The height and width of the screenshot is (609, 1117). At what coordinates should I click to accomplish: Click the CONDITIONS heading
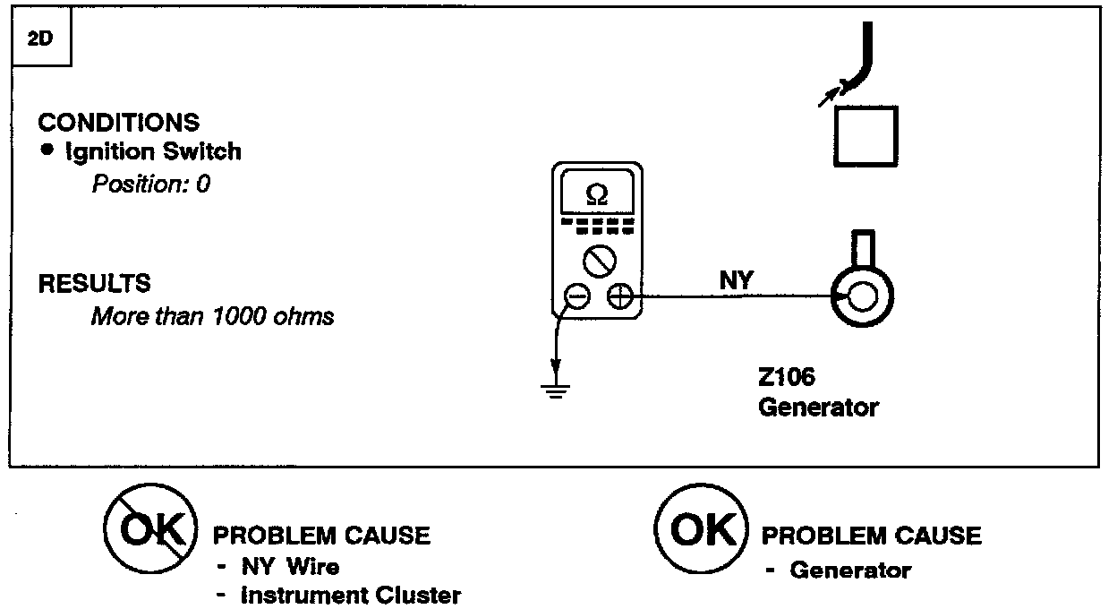[x=118, y=122]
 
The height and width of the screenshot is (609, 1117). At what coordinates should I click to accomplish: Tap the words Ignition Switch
[x=153, y=150]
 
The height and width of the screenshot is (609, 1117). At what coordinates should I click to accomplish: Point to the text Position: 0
[x=150, y=184]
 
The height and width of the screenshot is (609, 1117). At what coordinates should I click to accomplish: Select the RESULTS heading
[x=94, y=284]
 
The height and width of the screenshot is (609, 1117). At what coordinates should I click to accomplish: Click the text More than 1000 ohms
[x=212, y=316]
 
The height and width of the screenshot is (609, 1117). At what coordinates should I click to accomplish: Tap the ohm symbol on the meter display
[x=596, y=194]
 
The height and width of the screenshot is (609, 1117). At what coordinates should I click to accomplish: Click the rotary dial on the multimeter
[x=596, y=262]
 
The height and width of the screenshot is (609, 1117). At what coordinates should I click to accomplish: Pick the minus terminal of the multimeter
[x=577, y=297]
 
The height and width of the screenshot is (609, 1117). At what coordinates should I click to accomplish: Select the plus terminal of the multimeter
[x=618, y=297]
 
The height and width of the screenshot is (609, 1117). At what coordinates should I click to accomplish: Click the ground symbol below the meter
[x=556, y=389]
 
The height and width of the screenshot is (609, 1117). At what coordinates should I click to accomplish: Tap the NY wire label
[x=737, y=281]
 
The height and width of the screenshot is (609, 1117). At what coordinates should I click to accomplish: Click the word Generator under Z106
[x=818, y=407]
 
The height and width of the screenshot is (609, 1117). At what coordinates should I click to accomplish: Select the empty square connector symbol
[x=865, y=136]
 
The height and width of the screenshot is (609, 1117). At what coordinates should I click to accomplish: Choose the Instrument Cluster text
[x=350, y=596]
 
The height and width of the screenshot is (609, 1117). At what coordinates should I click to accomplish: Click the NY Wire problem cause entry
[x=288, y=566]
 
